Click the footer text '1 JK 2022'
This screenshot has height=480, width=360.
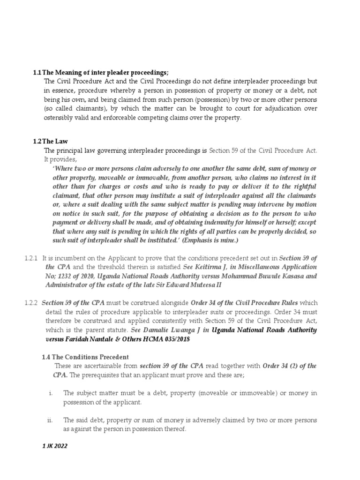pyautogui.click(x=54, y=447)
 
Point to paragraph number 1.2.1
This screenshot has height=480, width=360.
pyautogui.click(x=31, y=258)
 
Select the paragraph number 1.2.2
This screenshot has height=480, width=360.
pyautogui.click(x=31, y=303)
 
